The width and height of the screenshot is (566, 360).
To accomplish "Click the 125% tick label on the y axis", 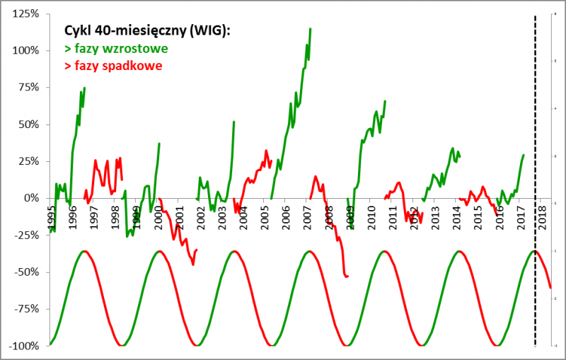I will tap(25, 14).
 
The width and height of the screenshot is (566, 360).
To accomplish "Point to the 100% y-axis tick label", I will tap(25, 50).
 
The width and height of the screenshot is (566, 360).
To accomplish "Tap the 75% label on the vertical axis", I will tap(28, 88).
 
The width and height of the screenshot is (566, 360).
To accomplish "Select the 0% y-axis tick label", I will tap(30, 198).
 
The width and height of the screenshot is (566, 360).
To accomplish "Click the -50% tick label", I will tap(25, 272).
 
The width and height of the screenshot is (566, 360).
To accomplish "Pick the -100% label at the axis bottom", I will tap(23, 346).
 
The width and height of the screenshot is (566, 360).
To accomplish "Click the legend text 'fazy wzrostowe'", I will tap(116, 50).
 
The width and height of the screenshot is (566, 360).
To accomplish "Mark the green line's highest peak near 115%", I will tap(311, 29).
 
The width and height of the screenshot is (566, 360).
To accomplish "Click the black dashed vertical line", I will tap(535, 141).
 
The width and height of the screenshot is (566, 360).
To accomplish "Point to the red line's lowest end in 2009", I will tap(347, 276).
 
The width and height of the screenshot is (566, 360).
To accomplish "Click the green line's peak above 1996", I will tap(85, 88).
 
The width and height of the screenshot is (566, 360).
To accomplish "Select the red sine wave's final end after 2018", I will tap(550, 287).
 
